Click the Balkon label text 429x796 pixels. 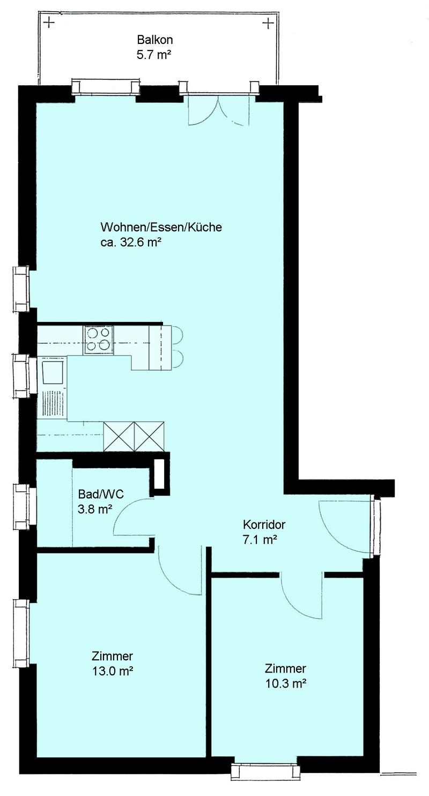click(155, 40)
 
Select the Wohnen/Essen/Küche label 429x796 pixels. click(161, 227)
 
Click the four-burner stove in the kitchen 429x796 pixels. click(99, 340)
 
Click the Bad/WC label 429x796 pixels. click(101, 495)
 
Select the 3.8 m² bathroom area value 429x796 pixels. click(95, 509)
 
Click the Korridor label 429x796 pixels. click(264, 524)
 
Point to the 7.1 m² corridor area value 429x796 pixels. click(260, 540)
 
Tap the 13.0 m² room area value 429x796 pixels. click(113, 670)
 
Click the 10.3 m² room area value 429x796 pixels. click(286, 684)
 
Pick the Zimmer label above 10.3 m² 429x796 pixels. click(285, 668)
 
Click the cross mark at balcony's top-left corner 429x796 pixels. click(49, 24)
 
